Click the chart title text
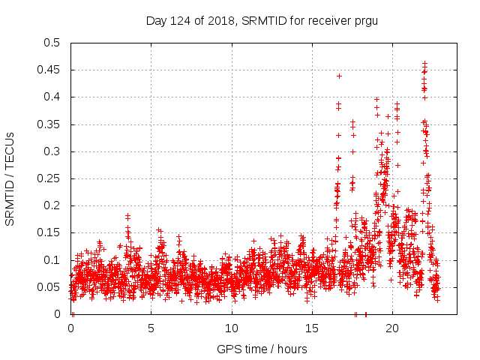click(x=262, y=20)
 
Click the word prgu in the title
click(x=365, y=20)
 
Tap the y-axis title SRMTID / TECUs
click(x=10, y=178)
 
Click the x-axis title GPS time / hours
click(x=262, y=349)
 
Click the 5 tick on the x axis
click(x=151, y=328)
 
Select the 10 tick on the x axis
click(x=231, y=328)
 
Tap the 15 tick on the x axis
click(x=311, y=328)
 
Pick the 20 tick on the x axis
click(x=391, y=328)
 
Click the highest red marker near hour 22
click(x=424, y=63)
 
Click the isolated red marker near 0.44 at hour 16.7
click(x=339, y=76)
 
